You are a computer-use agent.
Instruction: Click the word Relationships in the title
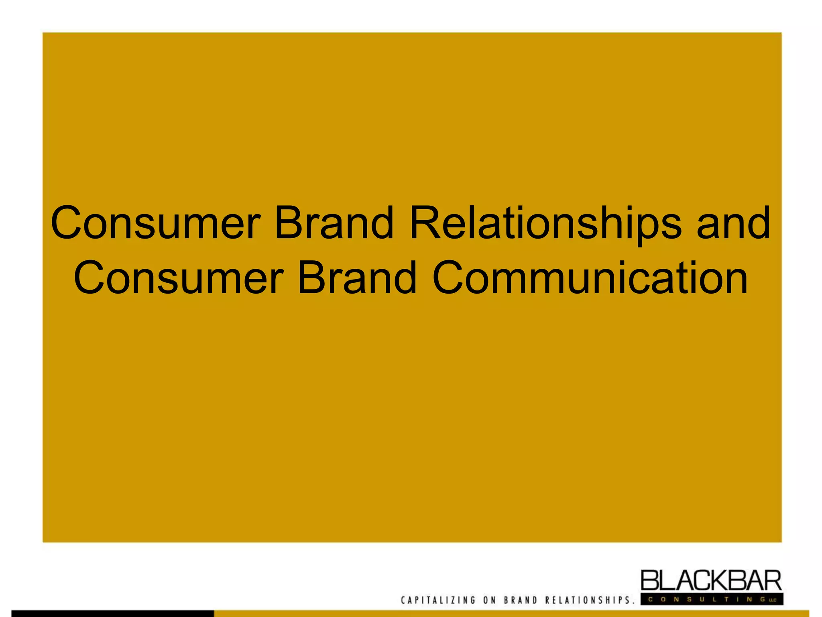545,223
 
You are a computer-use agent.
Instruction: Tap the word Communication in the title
590,278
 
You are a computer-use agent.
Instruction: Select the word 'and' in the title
733,223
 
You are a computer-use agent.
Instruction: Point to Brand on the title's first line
334,223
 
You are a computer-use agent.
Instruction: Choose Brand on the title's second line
357,278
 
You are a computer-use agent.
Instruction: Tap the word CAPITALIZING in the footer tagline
438,600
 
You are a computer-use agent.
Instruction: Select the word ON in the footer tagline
490,600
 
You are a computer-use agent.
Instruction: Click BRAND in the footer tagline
521,600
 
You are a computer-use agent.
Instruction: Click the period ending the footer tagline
634,603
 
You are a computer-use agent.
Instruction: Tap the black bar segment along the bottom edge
112,613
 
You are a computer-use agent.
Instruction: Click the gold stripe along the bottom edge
510,613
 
